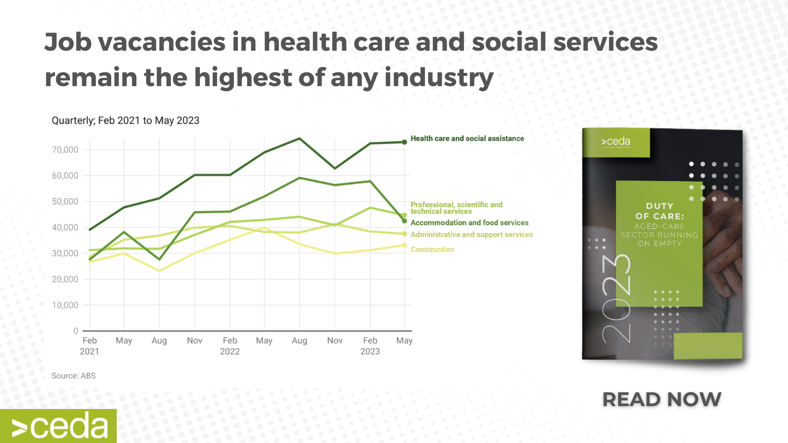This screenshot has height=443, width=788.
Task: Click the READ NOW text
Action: point(661,399)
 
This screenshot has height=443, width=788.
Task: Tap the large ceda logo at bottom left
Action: point(59,426)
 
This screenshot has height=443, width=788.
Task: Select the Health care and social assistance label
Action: point(467,139)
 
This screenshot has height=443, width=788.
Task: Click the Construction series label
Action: point(432,250)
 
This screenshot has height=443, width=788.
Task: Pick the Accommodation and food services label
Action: point(469,223)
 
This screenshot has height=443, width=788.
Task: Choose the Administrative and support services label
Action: point(471,235)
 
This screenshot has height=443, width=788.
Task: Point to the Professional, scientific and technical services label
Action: point(456,208)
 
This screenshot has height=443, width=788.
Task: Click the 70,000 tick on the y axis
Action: point(65,150)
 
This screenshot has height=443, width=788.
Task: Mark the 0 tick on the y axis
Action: point(75,331)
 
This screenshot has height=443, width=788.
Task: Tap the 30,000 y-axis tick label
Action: point(65,253)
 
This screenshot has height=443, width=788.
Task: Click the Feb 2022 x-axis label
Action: point(230,346)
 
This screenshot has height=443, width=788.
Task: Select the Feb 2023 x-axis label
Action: point(370,346)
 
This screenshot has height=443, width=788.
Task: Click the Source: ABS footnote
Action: point(73,376)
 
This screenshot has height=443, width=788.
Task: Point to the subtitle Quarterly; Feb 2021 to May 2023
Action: point(125,121)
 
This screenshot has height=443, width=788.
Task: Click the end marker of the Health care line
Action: point(404,142)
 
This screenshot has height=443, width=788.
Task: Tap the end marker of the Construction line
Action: point(404,245)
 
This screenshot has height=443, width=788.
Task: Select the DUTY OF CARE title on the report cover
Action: point(659,211)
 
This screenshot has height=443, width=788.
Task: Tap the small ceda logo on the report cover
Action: point(615,142)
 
